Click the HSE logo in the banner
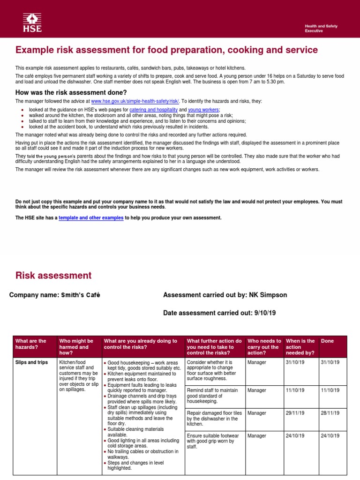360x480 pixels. click(x=32, y=23)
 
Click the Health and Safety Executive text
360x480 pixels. click(x=321, y=28)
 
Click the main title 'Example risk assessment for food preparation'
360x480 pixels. click(x=166, y=50)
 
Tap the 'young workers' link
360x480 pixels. click(x=200, y=109)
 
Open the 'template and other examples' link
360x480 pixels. click(x=91, y=218)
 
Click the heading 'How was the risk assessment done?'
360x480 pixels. click(x=71, y=92)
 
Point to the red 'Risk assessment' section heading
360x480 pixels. click(x=53, y=276)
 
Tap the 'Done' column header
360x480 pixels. click(x=327, y=341)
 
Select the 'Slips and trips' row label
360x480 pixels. click(x=32, y=362)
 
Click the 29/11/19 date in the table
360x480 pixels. click(x=295, y=413)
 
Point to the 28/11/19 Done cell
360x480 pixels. click(x=330, y=413)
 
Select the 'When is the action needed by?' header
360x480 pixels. click(x=300, y=347)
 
